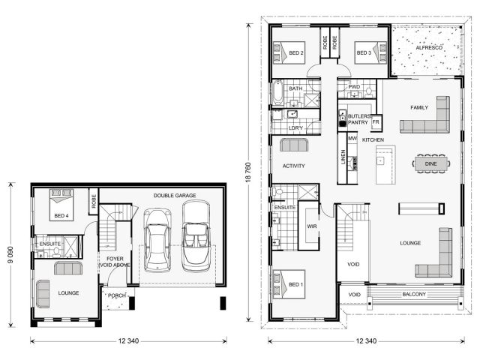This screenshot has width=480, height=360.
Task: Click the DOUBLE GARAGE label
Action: click(175, 195)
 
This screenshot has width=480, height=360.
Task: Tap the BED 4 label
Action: click(61, 216)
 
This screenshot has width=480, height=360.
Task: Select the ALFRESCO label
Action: click(429, 48)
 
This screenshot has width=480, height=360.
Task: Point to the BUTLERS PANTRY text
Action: click(359, 119)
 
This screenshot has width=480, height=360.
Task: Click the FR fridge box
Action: click(376, 122)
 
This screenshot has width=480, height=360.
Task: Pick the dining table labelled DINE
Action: click(431, 163)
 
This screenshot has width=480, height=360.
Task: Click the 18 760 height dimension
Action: click(248, 172)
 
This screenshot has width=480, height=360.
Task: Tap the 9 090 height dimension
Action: click(10, 255)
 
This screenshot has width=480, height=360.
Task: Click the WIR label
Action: click(312, 226)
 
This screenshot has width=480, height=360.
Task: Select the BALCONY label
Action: click(414, 294)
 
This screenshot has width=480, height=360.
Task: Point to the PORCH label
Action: click(117, 295)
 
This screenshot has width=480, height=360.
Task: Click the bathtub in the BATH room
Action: click(278, 92)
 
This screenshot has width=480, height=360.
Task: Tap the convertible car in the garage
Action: click(196, 235)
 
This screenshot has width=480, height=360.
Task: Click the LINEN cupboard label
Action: click(343, 157)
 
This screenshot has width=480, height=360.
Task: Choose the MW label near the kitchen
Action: click(352, 138)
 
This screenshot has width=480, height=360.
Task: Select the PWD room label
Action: click(354, 87)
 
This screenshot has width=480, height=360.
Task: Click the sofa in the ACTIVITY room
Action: click(294, 145)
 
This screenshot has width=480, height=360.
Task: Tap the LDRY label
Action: click(295, 128)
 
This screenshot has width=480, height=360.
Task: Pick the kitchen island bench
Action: click(385, 165)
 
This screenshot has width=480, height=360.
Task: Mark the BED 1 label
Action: click(295, 285)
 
